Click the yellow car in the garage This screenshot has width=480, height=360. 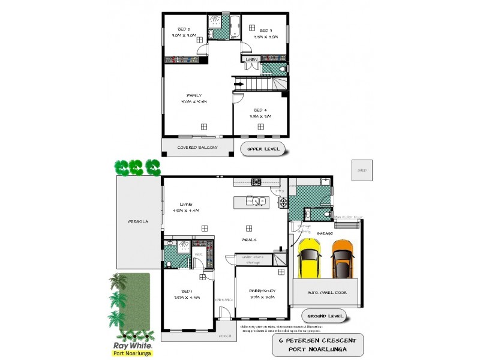(x=309, y=259)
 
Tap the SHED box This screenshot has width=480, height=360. (x=361, y=170)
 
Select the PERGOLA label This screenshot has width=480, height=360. (x=138, y=221)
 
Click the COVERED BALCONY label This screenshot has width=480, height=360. (x=197, y=147)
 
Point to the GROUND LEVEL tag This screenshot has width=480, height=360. (x=325, y=316)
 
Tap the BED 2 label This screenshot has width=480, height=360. (x=184, y=29)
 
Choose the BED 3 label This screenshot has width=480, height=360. (x=266, y=30)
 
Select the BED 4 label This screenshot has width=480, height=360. (x=260, y=110)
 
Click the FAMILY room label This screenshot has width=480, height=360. (x=193, y=95)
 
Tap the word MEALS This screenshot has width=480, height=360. (x=249, y=239)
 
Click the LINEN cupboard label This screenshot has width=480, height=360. (x=251, y=59)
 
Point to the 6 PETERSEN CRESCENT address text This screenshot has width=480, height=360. (x=317, y=340)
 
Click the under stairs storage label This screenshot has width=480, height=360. (x=252, y=259)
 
